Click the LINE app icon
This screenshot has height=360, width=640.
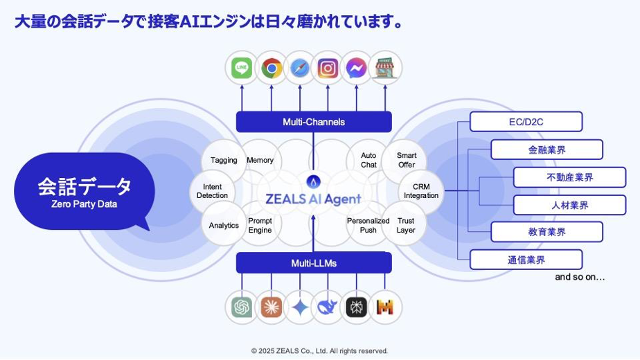242,68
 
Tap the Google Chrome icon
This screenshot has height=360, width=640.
271,68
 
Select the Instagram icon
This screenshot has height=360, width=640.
328,68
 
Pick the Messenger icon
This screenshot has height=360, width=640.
356,68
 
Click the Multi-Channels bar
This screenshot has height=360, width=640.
314,122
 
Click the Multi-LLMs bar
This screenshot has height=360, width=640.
314,263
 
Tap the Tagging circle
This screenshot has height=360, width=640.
224,160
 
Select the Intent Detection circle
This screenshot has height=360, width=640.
212,191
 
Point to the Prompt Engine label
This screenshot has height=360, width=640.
260,225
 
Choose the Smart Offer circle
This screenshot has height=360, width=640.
407,160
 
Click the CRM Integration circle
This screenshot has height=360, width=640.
421,191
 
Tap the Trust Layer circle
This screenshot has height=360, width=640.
406,225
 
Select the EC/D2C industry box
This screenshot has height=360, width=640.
526,122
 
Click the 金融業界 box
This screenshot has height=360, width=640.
546,150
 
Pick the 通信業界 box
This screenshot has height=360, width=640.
526,260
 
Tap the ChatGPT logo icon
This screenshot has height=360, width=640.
242,307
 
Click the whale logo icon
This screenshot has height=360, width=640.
328,307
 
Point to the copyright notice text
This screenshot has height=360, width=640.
319,351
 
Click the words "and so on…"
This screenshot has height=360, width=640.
580,277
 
